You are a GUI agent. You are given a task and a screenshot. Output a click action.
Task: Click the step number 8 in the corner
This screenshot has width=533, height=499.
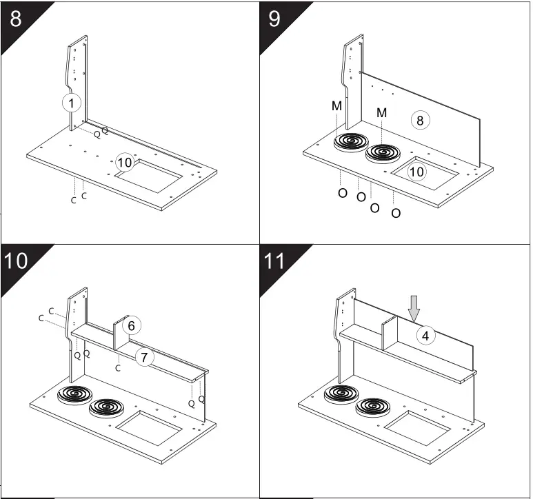point(16,17)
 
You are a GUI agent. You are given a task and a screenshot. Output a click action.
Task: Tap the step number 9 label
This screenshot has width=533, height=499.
point(274,17)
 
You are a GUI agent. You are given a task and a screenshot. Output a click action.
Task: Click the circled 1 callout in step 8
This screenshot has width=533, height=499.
point(72,103)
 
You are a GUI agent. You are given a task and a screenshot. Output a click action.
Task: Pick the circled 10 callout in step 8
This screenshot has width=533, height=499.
point(124,163)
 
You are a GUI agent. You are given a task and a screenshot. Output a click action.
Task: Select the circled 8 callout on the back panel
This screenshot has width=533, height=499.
point(421,120)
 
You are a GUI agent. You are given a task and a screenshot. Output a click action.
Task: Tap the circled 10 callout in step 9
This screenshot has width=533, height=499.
point(416,172)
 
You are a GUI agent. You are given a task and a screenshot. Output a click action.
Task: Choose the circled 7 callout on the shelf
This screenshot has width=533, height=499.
point(143,357)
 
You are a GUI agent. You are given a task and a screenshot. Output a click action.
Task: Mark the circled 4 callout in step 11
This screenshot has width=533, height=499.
point(426,336)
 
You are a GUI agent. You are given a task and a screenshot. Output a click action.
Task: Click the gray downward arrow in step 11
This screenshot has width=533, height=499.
point(414,308)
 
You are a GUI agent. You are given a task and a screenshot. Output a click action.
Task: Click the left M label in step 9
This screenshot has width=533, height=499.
point(336,106)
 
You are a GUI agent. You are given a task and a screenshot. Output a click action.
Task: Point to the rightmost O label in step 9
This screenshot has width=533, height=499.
point(396,214)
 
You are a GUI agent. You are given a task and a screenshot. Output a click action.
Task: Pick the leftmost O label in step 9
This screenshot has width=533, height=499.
point(342,193)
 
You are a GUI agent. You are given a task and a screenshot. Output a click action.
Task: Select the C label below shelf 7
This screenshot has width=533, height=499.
point(118,368)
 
